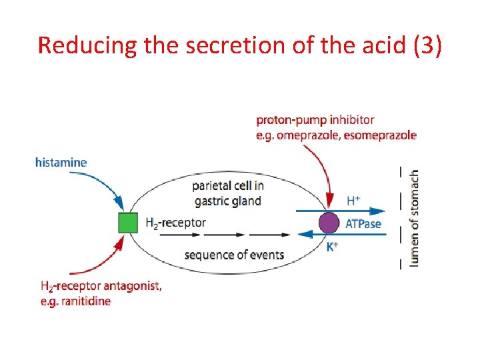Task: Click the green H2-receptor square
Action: [127, 223]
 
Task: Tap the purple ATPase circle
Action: [329, 223]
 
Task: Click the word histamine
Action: [61, 162]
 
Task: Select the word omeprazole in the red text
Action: [305, 135]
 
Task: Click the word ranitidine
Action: [84, 301]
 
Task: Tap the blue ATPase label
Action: [363, 223]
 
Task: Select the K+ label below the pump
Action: [333, 246]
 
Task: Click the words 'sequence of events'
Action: [234, 255]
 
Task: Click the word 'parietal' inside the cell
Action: [212, 186]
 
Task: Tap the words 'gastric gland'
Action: [227, 201]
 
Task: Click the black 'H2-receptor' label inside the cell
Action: [175, 223]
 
